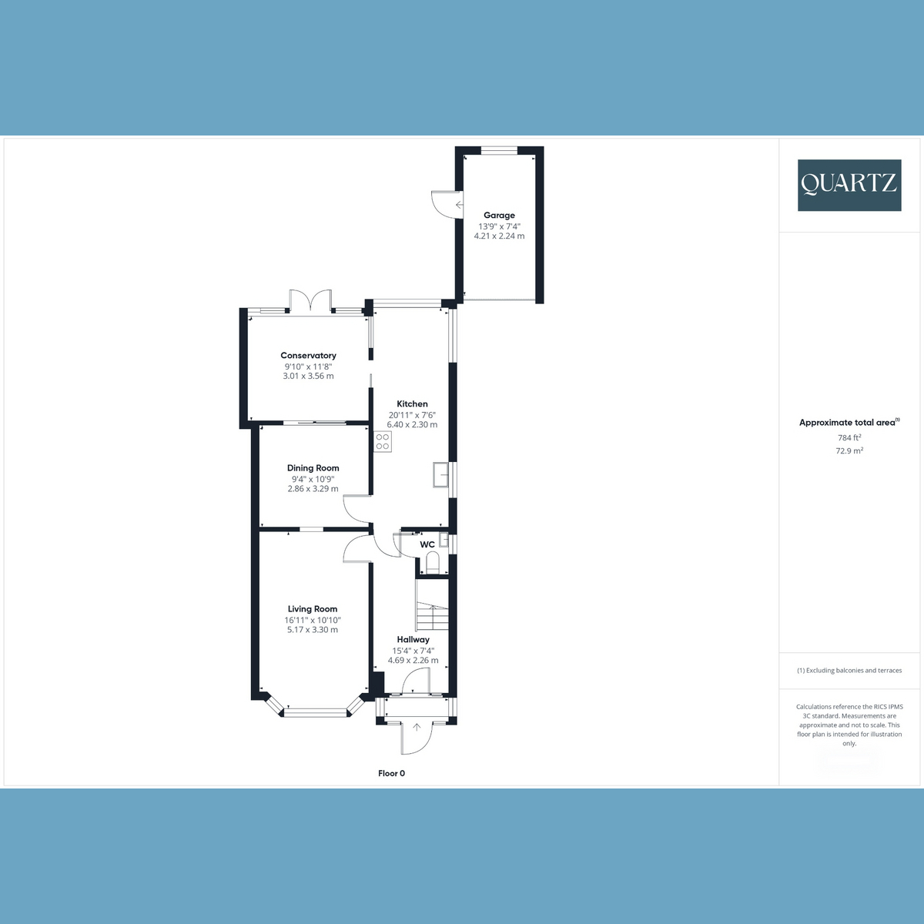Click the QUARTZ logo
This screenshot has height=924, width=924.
click(849, 185)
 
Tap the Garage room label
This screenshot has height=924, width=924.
click(499, 216)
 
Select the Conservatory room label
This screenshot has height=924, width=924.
click(308, 355)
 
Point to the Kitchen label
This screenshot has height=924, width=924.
click(412, 403)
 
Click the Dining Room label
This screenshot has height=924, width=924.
click(313, 468)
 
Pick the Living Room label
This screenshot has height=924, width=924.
click(313, 609)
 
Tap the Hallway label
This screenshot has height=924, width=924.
click(413, 640)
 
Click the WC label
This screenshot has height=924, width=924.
click(427, 544)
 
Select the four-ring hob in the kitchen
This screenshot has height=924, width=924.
click(383, 442)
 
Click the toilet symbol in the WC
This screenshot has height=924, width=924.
click(433, 562)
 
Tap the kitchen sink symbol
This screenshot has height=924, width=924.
click(440, 475)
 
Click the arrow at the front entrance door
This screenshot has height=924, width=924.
click(417, 728)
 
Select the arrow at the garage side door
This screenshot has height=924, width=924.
click(460, 205)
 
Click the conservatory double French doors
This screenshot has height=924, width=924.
click(311, 300)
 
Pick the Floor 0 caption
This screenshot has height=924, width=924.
click(391, 773)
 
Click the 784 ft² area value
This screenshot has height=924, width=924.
click(849, 437)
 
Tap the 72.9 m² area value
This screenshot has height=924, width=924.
click(849, 450)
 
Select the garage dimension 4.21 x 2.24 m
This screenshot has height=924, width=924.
click(499, 236)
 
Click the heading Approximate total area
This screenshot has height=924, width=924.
click(847, 423)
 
